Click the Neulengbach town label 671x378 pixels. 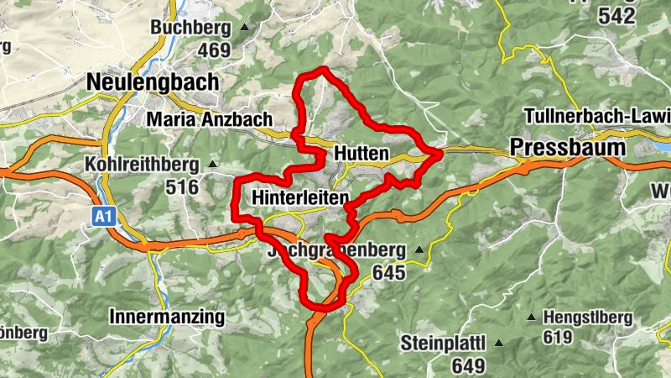[x=152, y=82]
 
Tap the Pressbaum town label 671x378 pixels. [x=569, y=147]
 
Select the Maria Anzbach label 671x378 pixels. [x=209, y=120]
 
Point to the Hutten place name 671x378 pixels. [x=362, y=154]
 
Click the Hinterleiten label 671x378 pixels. [x=300, y=198]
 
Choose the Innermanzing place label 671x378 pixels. [x=167, y=317]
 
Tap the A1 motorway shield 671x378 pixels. [x=102, y=218]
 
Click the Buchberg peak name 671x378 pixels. [x=190, y=28]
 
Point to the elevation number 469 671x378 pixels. [x=214, y=50]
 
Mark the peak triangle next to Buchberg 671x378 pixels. [x=244, y=29]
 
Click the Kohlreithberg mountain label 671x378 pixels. [x=141, y=164]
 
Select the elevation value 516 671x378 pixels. [x=182, y=186]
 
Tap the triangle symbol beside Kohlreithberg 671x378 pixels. [x=212, y=165]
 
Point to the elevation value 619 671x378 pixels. [x=557, y=338]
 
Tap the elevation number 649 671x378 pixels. [x=468, y=365]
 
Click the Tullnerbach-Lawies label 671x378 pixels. [x=596, y=115]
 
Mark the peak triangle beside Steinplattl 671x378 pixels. [x=498, y=343]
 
